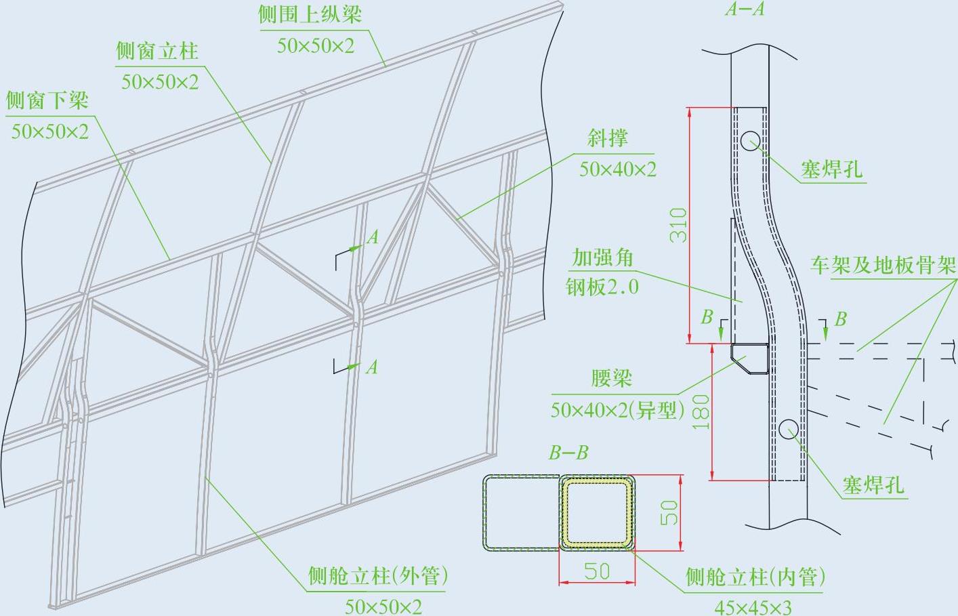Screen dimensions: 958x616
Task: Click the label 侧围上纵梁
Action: [310, 15]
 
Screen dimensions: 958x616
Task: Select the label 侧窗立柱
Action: [157, 51]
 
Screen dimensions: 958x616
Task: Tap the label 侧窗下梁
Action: [47, 101]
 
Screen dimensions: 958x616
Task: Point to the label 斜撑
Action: [608, 138]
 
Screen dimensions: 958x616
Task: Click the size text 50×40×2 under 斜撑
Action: [617, 169]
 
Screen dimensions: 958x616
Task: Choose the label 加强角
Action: [602, 258]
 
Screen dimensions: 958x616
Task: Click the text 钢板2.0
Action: [602, 287]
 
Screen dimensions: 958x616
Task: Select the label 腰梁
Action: [611, 378]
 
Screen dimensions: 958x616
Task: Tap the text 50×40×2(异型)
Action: [617, 409]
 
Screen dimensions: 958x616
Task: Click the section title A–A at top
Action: [744, 9]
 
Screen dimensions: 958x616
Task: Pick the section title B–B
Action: [568, 453]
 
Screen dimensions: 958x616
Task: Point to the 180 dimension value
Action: [701, 412]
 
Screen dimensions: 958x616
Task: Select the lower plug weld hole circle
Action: [789, 428]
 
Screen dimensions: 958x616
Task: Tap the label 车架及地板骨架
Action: [882, 265]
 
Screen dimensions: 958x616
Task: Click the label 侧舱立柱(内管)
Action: [755, 577]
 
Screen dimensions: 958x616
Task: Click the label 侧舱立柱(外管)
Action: [378, 576]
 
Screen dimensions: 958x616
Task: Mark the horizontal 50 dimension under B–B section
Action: [596, 571]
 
